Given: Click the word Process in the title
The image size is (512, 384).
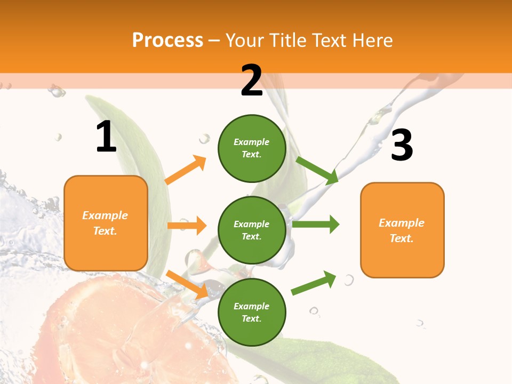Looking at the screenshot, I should click(x=167, y=41).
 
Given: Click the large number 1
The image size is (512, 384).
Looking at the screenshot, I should click(x=106, y=137).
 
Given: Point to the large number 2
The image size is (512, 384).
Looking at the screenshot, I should click(x=252, y=81).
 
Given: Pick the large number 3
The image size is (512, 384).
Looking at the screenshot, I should click(x=402, y=145).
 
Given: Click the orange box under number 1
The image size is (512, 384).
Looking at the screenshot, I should click(x=106, y=223).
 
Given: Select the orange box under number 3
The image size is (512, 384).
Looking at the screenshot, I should click(x=402, y=230).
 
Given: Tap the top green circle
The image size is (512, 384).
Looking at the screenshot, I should click(x=252, y=148).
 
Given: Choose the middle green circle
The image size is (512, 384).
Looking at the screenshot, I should click(x=252, y=230).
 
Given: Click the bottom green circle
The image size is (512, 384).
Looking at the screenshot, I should click(x=252, y=312).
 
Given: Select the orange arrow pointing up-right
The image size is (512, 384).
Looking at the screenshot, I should click(x=186, y=170).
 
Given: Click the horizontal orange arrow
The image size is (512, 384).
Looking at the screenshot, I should click(x=187, y=226).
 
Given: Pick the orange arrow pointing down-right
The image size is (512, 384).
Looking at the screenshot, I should click(x=187, y=284).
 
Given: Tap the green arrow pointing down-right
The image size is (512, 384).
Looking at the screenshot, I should click(x=317, y=170).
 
